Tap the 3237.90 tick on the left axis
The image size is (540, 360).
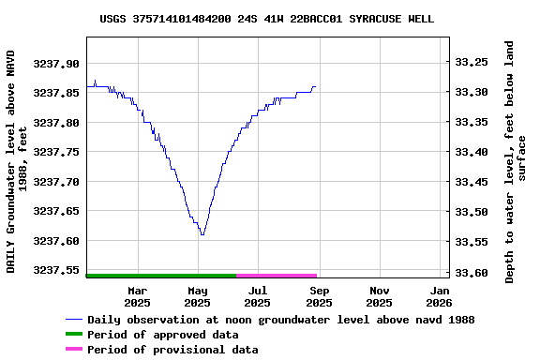(x=57, y=64)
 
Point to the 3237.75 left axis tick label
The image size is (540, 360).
(x=57, y=152)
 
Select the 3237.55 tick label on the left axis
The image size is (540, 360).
(x=57, y=270)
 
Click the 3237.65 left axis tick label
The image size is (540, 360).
(x=57, y=211)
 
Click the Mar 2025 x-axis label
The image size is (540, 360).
(x=137, y=296)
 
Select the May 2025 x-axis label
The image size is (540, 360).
(x=197, y=296)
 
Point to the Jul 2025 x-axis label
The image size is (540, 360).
(x=258, y=296)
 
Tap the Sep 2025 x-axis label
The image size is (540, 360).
(x=319, y=296)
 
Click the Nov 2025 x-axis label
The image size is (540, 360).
(x=379, y=296)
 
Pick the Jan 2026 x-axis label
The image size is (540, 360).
(x=440, y=296)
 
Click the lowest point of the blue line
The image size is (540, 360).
(x=202, y=234)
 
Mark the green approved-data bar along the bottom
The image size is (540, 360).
(x=160, y=276)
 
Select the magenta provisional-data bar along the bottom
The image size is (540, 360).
(x=277, y=276)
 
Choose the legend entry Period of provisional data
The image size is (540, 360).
(x=172, y=350)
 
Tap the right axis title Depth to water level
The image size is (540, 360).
(x=516, y=161)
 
